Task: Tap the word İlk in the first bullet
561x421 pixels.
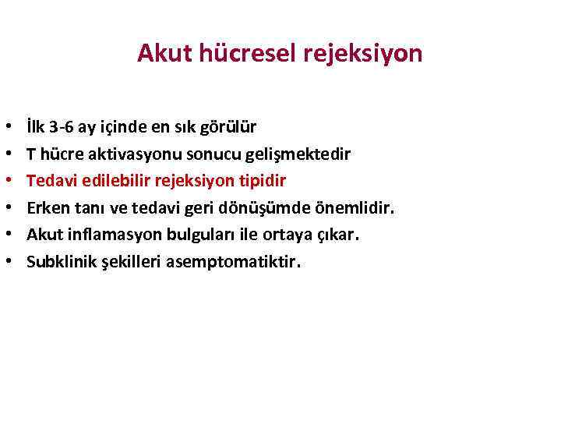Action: point(36,126)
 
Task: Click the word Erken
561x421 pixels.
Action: point(46,208)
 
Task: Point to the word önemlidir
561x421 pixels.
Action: point(358,208)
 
